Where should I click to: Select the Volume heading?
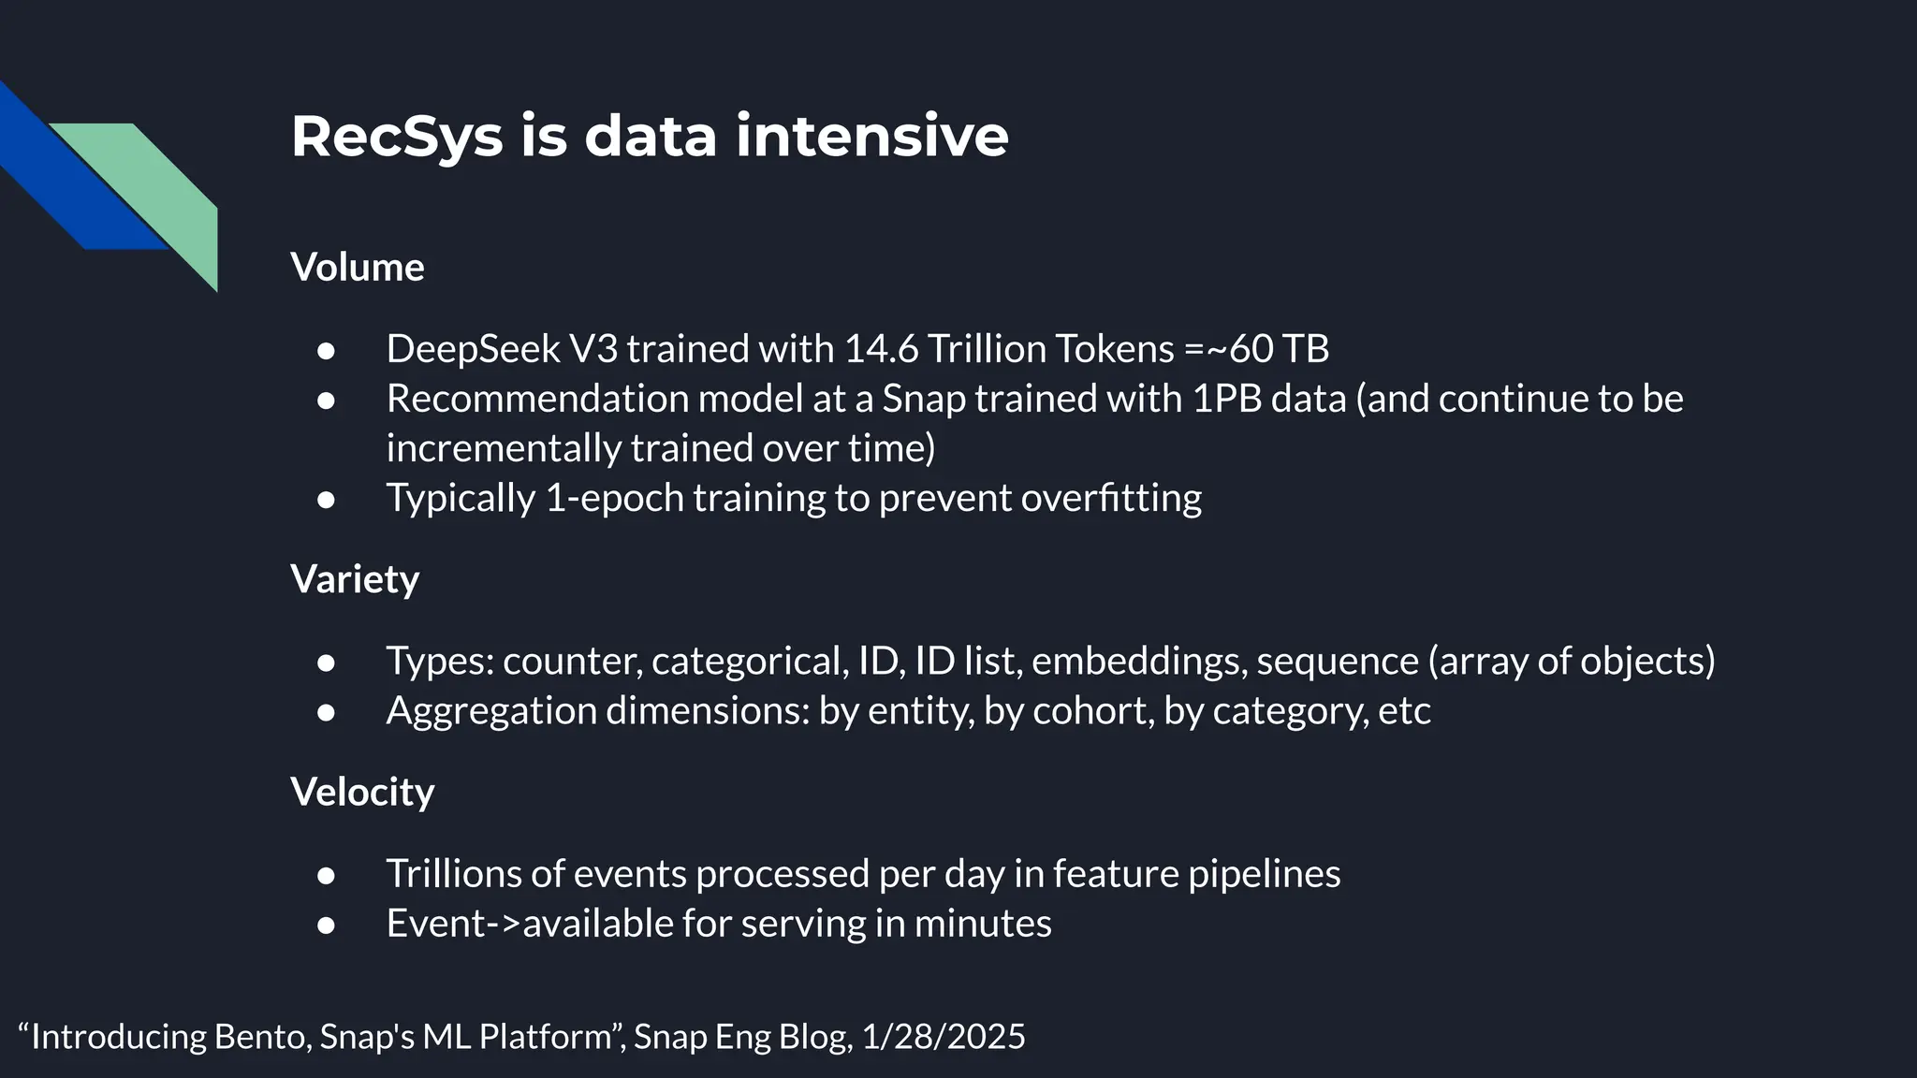point(358,268)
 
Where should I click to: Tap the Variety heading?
point(355,579)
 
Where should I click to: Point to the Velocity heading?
point(362,792)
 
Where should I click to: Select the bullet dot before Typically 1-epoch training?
point(326,500)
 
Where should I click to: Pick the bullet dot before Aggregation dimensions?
point(326,712)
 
